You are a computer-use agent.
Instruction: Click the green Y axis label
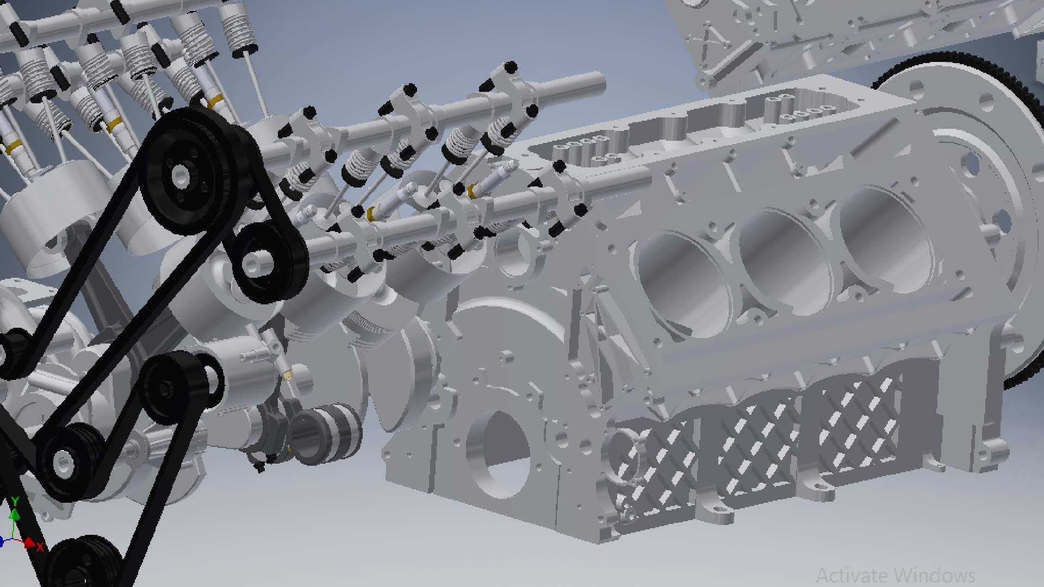15,501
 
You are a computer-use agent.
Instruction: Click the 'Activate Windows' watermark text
895,574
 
